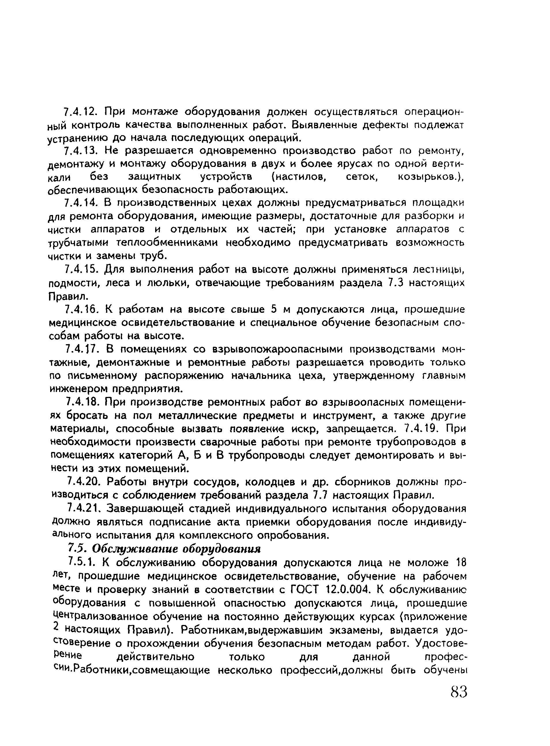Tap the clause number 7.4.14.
click(80, 202)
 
